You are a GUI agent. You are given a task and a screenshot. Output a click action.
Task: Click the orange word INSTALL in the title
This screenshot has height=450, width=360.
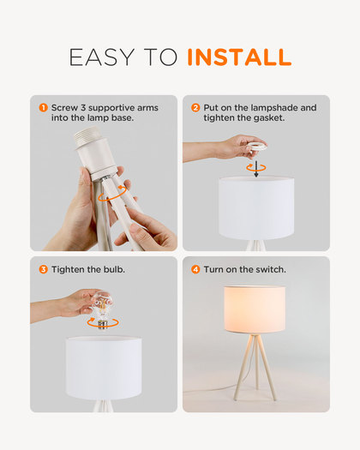[239, 57]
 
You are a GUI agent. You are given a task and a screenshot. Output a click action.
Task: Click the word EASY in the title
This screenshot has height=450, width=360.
[102, 57]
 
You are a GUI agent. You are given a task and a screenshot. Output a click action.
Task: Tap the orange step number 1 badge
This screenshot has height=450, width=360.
[43, 108]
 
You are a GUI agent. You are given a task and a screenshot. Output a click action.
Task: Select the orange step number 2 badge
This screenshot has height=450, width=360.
[195, 108]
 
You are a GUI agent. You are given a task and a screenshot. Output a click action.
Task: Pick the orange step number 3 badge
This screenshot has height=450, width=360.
[43, 269]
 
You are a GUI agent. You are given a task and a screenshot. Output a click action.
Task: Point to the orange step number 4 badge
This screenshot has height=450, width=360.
[195, 269]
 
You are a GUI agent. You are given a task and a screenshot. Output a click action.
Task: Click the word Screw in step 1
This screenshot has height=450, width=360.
[64, 108]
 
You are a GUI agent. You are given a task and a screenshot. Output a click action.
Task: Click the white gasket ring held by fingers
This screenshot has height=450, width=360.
[256, 147]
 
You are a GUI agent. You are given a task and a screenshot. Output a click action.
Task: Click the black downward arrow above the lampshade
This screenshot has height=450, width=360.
[256, 169]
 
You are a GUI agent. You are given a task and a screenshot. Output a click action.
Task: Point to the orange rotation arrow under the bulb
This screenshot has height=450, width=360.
[103, 322]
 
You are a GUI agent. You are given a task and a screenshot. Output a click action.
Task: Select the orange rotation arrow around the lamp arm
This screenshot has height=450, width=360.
[112, 194]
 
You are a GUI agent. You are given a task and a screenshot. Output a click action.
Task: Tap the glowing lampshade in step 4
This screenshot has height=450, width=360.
[255, 309]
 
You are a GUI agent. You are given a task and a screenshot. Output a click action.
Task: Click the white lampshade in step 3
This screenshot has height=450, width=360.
[104, 368]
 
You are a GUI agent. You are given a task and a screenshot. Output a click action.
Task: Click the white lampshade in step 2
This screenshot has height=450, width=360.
[256, 208]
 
